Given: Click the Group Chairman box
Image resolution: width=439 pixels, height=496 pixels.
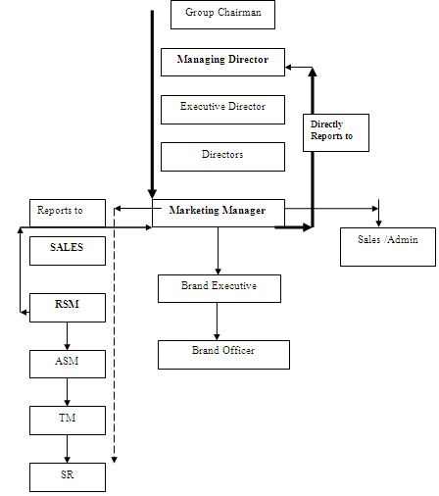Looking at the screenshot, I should point(222,15).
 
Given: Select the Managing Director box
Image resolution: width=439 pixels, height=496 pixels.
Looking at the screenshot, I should point(222,62).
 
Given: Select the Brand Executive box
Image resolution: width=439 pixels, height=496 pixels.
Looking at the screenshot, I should point(219,288).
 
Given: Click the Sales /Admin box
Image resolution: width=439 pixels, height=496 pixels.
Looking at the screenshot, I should point(388,246).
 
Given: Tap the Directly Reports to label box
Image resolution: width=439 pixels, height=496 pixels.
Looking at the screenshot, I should point(334,132).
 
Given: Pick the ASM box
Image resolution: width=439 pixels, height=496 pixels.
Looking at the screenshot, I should point(67,364).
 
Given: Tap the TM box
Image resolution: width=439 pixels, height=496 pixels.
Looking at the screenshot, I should point(67,421).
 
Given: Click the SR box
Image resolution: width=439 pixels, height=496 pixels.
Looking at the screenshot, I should point(67,476).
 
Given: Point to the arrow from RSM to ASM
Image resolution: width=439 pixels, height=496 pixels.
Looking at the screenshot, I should point(67,335).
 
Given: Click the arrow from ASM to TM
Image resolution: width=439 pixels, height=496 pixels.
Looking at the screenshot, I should point(67,392).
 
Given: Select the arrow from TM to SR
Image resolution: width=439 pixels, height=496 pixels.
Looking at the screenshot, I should point(67,449).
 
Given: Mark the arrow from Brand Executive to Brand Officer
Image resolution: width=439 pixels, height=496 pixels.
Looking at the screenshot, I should point(217,321).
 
